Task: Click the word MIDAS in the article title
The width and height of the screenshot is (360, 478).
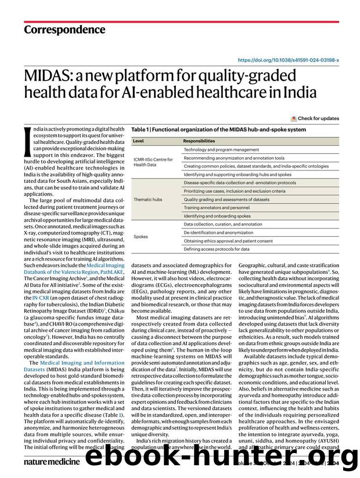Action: pyautogui.click(x=49, y=75)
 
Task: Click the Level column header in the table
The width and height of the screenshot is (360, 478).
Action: pyautogui.click(x=138, y=141)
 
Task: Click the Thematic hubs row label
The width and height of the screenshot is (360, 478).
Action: pyautogui.click(x=147, y=199)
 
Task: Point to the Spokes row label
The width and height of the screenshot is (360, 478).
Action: pyautogui.click(x=141, y=236)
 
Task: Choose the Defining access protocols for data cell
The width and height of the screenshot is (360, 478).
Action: pyautogui.click(x=217, y=249)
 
